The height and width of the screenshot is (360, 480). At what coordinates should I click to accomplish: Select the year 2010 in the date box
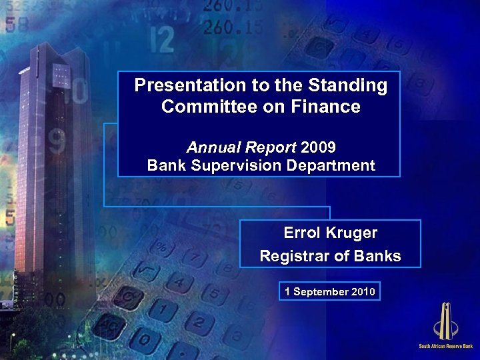coord(361,292)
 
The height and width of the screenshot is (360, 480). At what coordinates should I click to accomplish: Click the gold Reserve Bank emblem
coord(445,321)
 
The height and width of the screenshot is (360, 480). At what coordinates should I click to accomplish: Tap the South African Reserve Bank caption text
coord(445,346)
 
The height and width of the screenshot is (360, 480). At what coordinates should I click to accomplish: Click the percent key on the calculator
coord(161,245)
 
